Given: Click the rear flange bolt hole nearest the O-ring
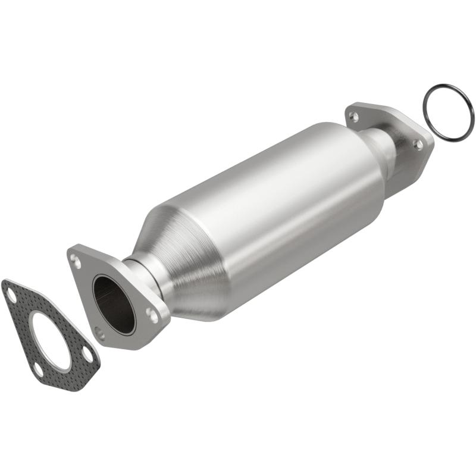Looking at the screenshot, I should (418, 145).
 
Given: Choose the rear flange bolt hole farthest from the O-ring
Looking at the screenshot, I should (355, 117).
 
